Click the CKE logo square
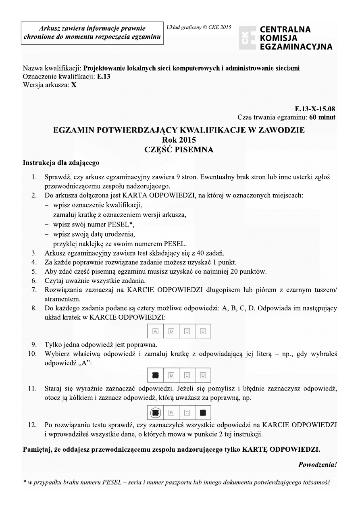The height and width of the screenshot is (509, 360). [247, 38]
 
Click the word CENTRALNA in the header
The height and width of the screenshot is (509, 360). [285, 30]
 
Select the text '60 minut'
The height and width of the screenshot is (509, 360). [322, 118]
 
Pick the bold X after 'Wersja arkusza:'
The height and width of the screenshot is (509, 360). [74, 85]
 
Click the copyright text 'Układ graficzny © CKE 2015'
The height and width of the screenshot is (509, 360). [199, 27]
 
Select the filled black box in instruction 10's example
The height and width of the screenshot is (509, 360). [155, 376]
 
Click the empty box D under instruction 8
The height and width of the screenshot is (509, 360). [203, 331]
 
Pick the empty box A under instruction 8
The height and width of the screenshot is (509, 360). [155, 331]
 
